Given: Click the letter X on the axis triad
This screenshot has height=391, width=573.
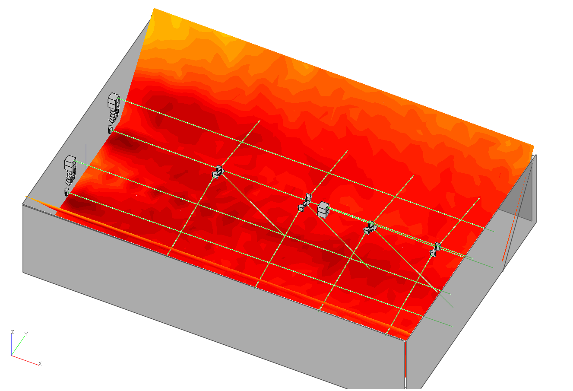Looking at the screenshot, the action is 40,364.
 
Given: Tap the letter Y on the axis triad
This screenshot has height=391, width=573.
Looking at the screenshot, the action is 26,334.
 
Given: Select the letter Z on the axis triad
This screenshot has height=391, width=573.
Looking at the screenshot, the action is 12,332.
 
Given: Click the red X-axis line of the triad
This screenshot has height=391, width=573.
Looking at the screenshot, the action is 25,360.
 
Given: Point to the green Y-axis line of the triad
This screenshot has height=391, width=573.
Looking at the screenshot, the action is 18,346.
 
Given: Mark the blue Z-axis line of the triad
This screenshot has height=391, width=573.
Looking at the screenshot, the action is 11,345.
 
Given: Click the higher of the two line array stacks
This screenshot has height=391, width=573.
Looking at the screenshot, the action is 113,108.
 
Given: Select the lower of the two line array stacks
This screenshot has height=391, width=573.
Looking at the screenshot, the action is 70,170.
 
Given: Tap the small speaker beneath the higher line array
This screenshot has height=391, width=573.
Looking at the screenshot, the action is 110,129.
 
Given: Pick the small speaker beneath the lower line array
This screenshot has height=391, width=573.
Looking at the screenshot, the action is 67,192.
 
